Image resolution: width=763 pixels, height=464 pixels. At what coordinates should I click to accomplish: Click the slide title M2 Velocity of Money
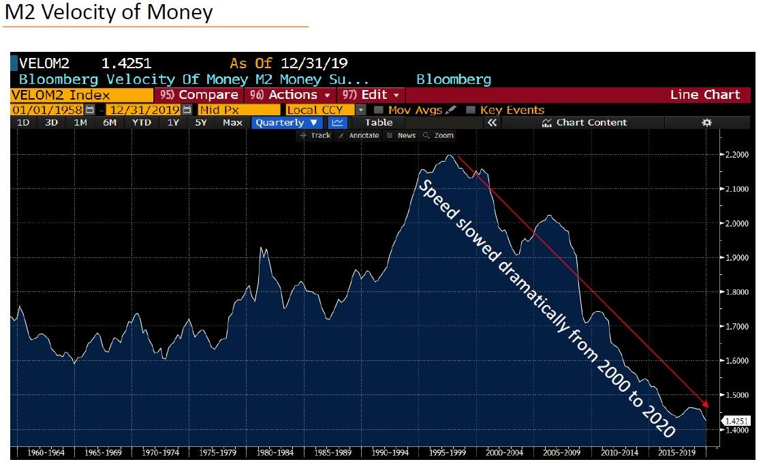(x=109, y=12)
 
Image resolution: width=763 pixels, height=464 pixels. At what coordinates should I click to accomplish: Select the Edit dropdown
(x=371, y=95)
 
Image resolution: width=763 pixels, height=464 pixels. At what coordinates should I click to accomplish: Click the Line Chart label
(x=704, y=95)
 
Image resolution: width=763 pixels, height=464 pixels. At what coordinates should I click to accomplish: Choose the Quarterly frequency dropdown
(x=287, y=123)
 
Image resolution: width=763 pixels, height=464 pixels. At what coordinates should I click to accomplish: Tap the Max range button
(x=232, y=123)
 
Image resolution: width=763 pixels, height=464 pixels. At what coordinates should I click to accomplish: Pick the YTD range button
(x=141, y=123)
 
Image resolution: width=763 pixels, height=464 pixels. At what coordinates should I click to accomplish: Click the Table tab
(x=379, y=123)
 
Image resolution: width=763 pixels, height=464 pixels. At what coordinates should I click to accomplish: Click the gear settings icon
(x=706, y=123)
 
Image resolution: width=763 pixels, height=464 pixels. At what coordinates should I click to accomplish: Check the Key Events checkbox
(x=471, y=110)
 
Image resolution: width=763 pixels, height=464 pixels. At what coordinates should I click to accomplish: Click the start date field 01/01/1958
(x=47, y=110)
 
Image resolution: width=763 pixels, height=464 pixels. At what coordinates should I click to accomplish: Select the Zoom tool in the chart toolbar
(x=439, y=136)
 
